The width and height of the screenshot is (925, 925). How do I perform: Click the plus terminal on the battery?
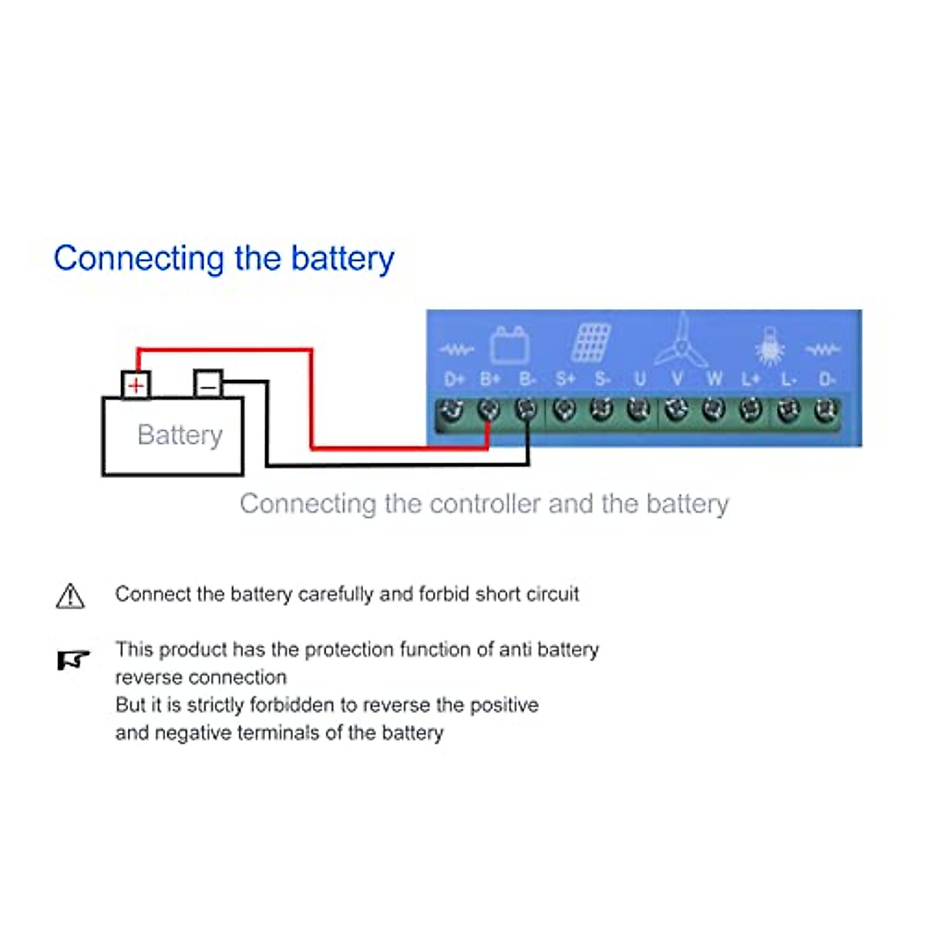[x=136, y=384]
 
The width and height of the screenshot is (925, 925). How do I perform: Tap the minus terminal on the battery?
[x=208, y=383]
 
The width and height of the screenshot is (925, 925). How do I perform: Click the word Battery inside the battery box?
[x=180, y=435]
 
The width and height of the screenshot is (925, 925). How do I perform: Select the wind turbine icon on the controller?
[x=680, y=344]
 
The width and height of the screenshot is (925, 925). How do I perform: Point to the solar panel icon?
[x=591, y=343]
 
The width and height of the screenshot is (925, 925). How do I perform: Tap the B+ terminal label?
[x=490, y=379]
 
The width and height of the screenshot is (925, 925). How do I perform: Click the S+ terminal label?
[x=565, y=379]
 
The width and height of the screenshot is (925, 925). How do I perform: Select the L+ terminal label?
[x=751, y=379]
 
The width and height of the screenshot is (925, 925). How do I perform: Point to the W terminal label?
[x=714, y=379]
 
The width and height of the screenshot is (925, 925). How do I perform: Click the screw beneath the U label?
[x=638, y=409]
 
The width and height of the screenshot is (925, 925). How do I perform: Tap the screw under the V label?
[x=676, y=409]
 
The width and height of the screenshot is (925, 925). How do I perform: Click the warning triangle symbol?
[x=70, y=596]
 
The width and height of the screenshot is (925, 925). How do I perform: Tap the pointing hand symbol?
[x=73, y=660]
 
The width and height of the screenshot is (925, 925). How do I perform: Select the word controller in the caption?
[x=484, y=504]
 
